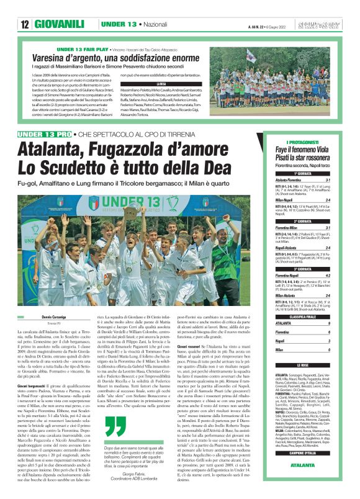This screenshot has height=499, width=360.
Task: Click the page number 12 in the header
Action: pyautogui.click(x=25, y=24)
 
